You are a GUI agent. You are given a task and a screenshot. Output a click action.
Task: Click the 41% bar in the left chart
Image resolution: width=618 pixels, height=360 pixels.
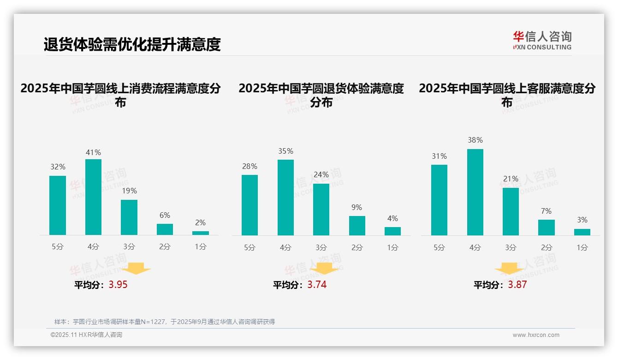coord(93,197)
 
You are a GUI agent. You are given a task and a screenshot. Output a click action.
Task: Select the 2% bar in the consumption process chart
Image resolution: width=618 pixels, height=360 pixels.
coord(201,233)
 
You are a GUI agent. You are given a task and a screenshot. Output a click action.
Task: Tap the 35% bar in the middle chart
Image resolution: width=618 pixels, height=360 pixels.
coord(285,198)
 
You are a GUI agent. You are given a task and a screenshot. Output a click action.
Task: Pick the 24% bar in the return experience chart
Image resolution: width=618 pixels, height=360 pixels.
coord(321,210)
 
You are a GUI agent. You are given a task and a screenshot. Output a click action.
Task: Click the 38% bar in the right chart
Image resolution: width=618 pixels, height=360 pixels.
coord(475,192)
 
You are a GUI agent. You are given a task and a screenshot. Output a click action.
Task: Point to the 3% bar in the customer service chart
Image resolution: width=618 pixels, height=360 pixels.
coord(582,232)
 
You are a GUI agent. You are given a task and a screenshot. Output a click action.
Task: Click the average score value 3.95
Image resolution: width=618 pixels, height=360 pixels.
coord(118,285)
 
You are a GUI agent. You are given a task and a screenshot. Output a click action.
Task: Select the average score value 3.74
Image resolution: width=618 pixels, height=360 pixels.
coord(317,285)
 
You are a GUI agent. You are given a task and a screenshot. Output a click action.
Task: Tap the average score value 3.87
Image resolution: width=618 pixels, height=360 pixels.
coord(517,285)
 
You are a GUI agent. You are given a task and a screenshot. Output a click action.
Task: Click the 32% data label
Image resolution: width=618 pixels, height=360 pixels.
coord(58,167)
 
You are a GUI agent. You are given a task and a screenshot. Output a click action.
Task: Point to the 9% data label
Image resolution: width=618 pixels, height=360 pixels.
coord(357,208)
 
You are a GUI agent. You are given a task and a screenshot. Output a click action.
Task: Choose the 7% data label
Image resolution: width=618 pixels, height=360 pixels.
coord(546,211)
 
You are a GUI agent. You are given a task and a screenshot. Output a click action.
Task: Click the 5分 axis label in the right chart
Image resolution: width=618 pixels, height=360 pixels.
coord(439,248)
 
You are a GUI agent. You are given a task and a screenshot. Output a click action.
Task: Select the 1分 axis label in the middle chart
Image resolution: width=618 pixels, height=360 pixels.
coord(392,248)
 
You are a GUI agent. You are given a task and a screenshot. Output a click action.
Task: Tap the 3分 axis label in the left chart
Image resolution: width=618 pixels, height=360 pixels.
coord(129,247)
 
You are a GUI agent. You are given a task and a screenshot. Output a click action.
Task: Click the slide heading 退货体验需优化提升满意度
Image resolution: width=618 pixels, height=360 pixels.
coord(132,44)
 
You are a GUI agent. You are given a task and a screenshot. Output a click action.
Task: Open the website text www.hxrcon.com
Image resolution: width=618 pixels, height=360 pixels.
coord(536,335)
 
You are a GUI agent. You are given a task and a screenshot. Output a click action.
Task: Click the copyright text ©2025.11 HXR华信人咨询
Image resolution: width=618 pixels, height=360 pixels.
coord(86,335)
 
